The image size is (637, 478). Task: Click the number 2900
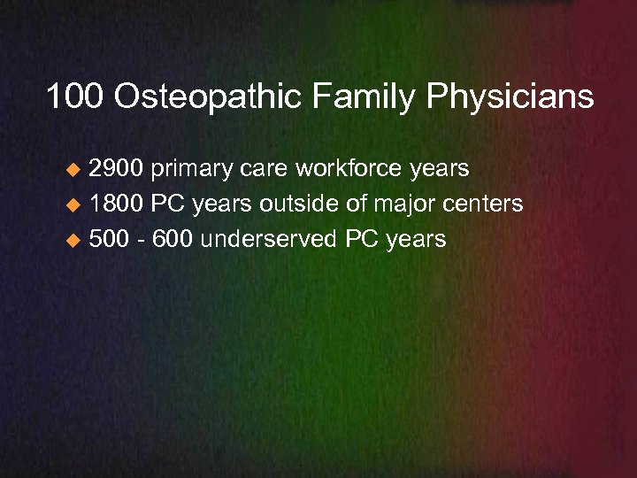(119, 168)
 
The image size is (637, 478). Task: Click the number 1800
(119, 204)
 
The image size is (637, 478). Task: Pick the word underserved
(274, 239)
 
